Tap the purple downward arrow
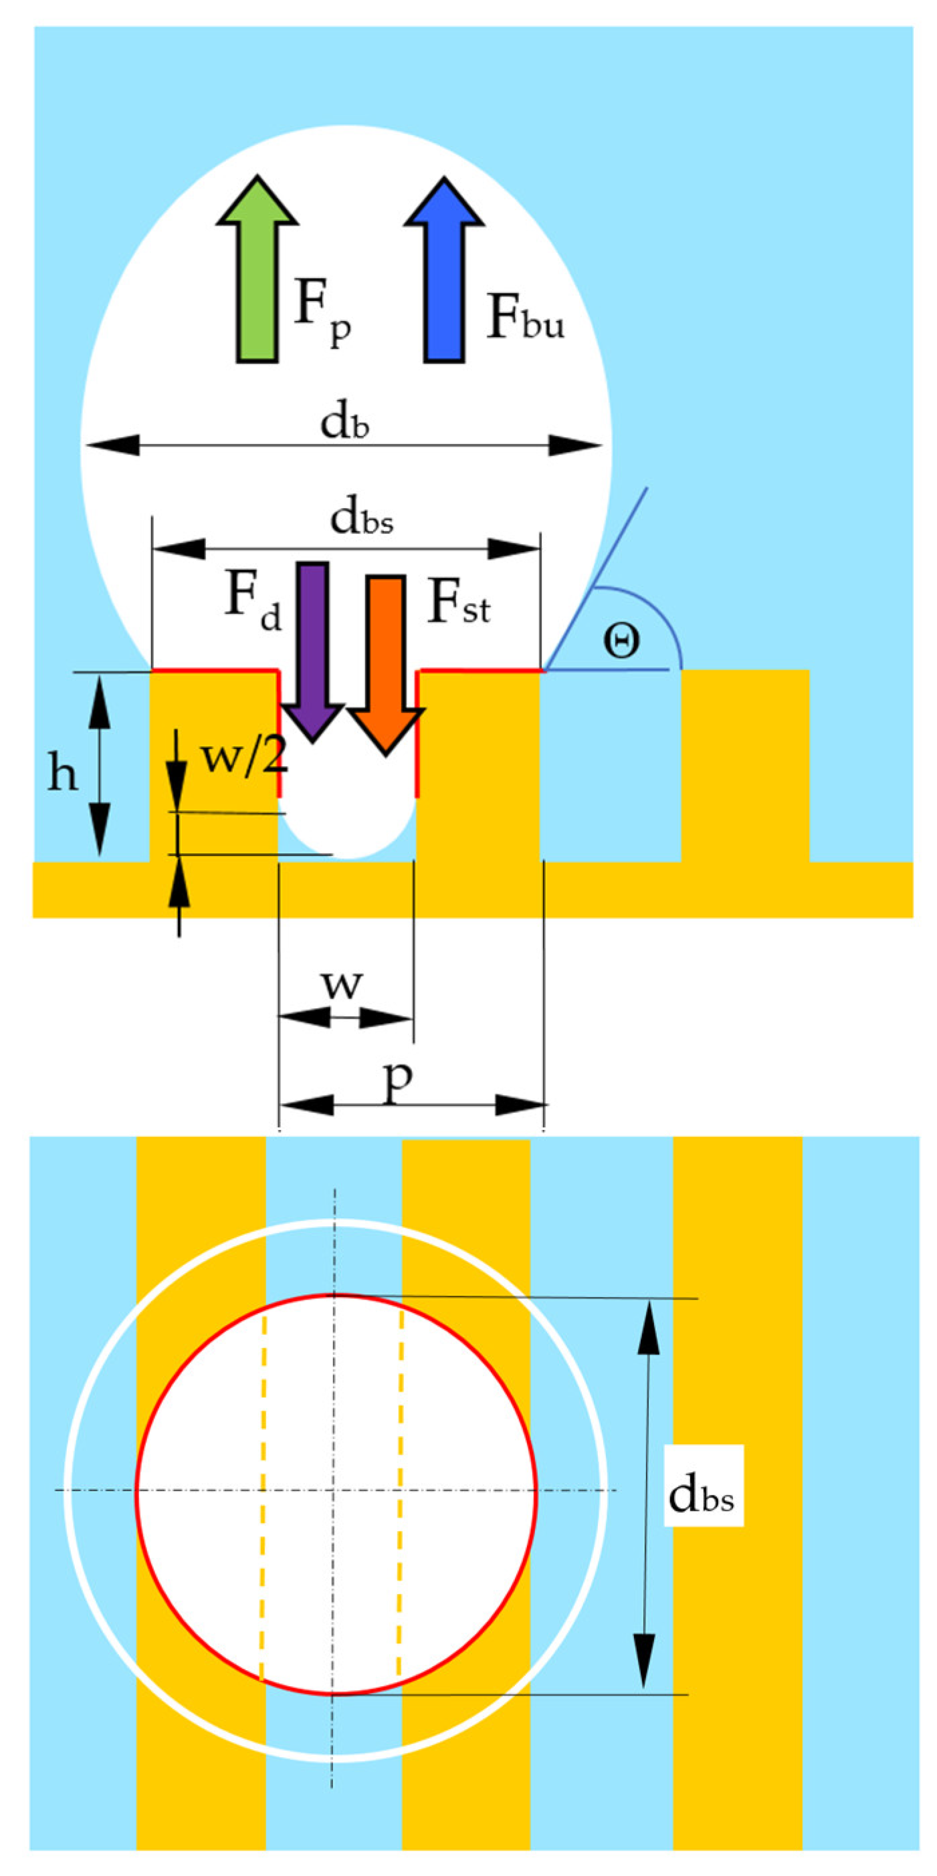coord(312,655)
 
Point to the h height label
coord(63,772)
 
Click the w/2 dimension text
coord(243,757)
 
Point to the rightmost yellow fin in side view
coord(744,765)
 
